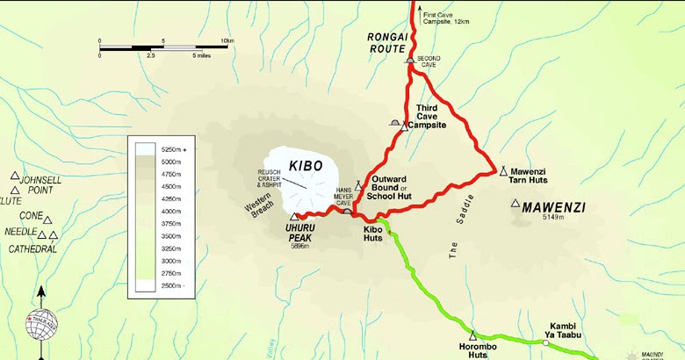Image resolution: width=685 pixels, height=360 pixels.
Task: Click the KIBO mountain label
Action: (x=306, y=165)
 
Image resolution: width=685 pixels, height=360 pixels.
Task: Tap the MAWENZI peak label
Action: (x=553, y=208)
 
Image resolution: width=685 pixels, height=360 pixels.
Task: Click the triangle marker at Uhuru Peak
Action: (x=293, y=216)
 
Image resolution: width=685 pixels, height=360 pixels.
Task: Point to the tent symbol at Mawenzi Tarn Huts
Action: (x=503, y=170)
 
